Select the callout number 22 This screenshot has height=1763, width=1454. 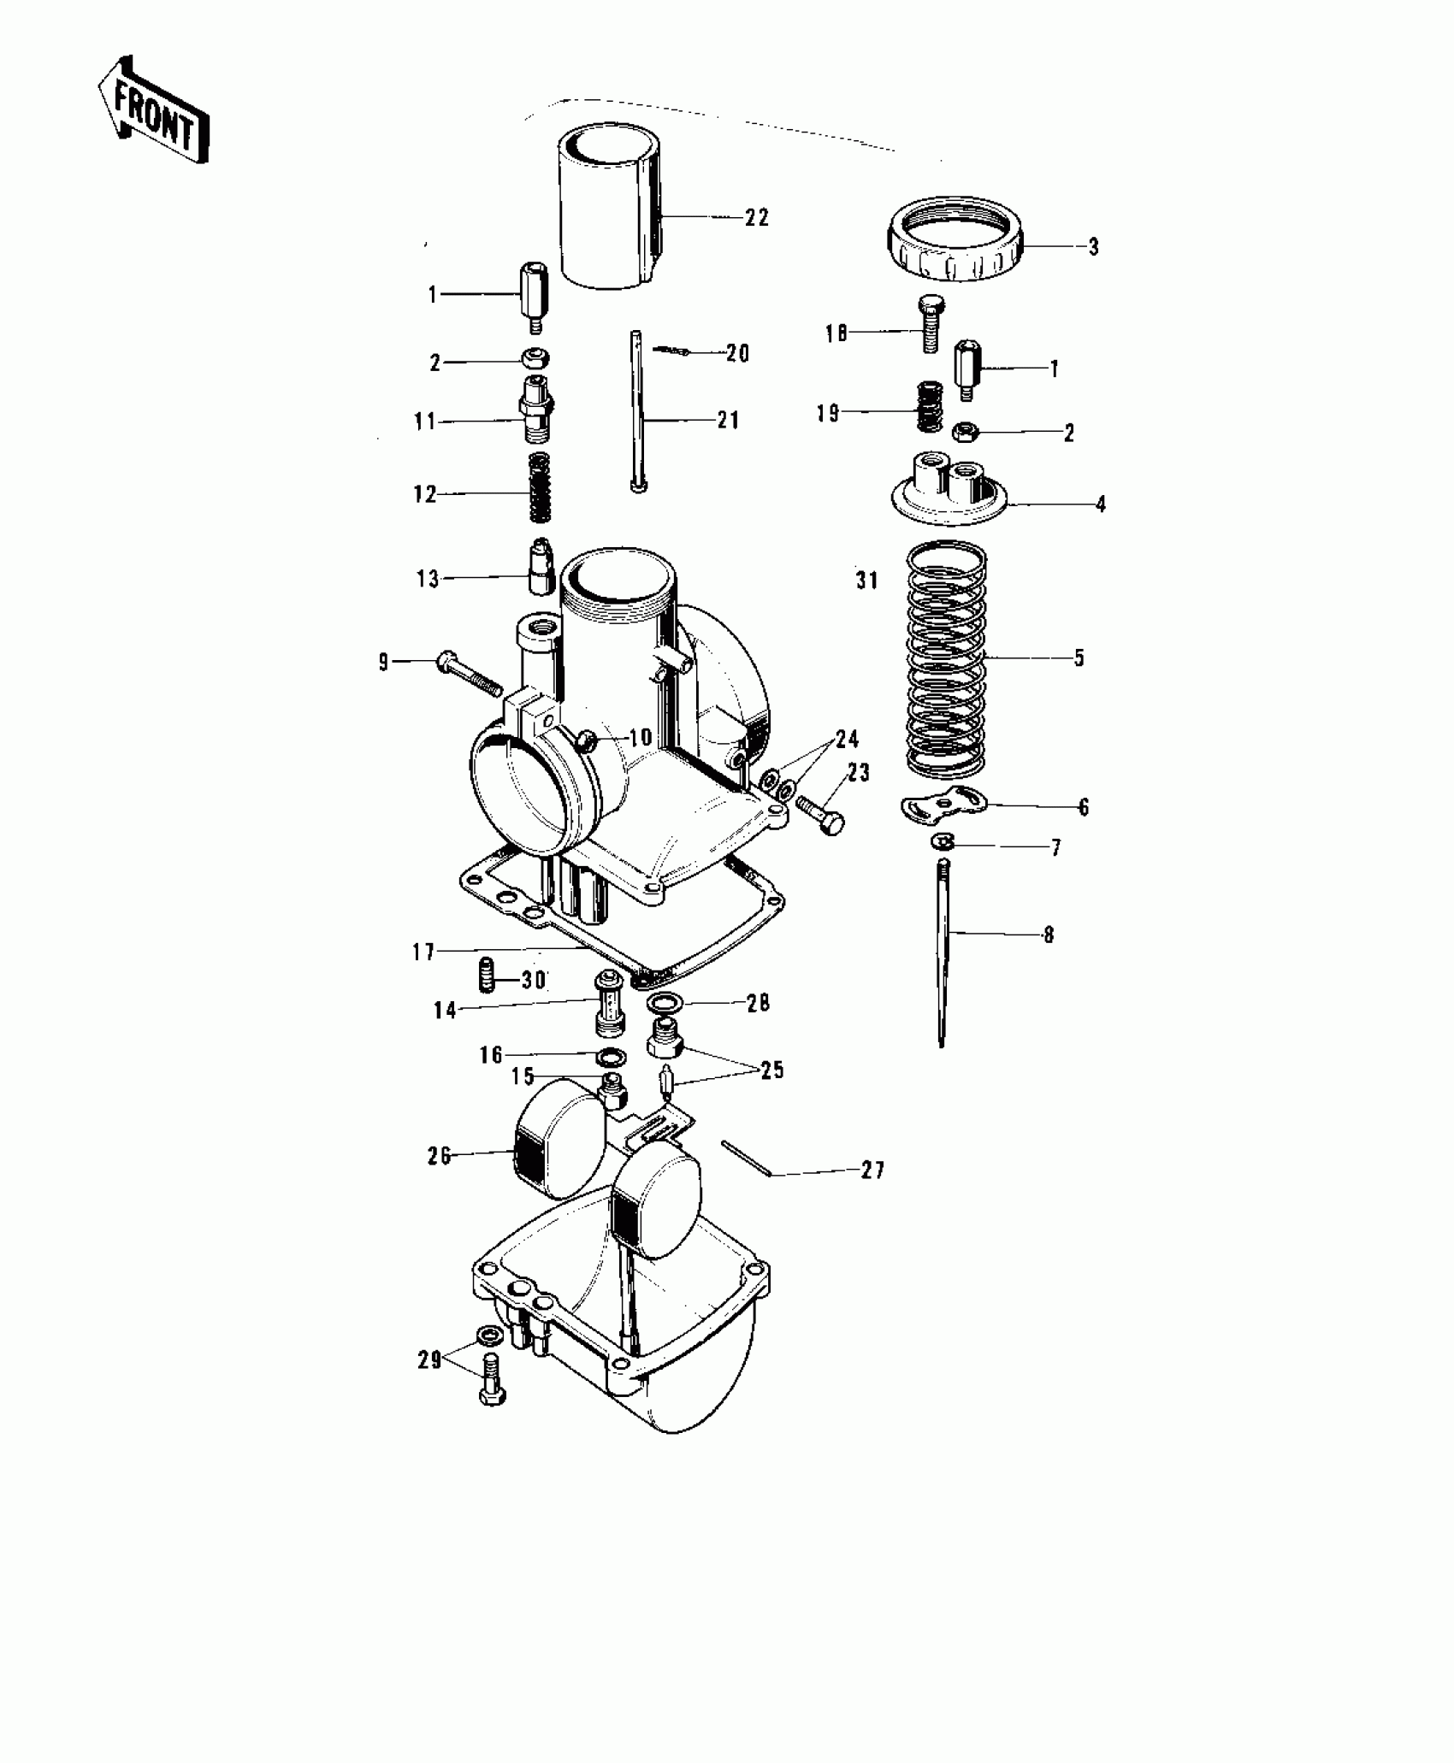pyautogui.click(x=756, y=218)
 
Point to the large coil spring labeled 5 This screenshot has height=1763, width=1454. pyautogui.click(x=946, y=657)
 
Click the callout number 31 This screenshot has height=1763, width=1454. pyautogui.click(x=866, y=581)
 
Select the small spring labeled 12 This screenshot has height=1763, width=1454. pyautogui.click(x=539, y=486)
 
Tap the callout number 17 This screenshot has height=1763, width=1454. pyautogui.click(x=424, y=952)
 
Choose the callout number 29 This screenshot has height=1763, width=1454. pyautogui.click(x=429, y=1359)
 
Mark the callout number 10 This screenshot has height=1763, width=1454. pyautogui.click(x=640, y=737)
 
